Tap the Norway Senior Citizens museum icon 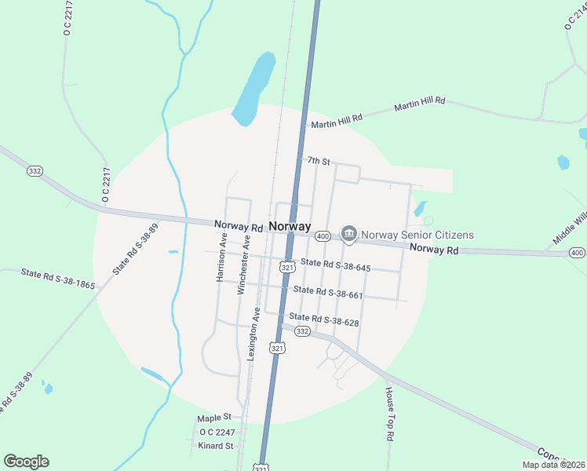tap(348, 234)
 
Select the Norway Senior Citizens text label tap(417, 234)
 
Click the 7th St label tap(318, 160)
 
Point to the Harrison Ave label tap(222, 256)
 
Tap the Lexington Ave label tap(253, 334)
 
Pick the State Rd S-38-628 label tap(323, 318)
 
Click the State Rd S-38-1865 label tap(58, 278)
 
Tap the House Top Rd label tap(388, 412)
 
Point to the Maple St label tap(214, 418)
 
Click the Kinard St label tap(216, 446)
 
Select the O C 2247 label tap(217, 432)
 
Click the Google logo tap(26, 462)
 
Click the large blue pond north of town tap(255, 89)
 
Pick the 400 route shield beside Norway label tap(322, 235)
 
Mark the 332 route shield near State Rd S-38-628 tap(302, 331)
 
